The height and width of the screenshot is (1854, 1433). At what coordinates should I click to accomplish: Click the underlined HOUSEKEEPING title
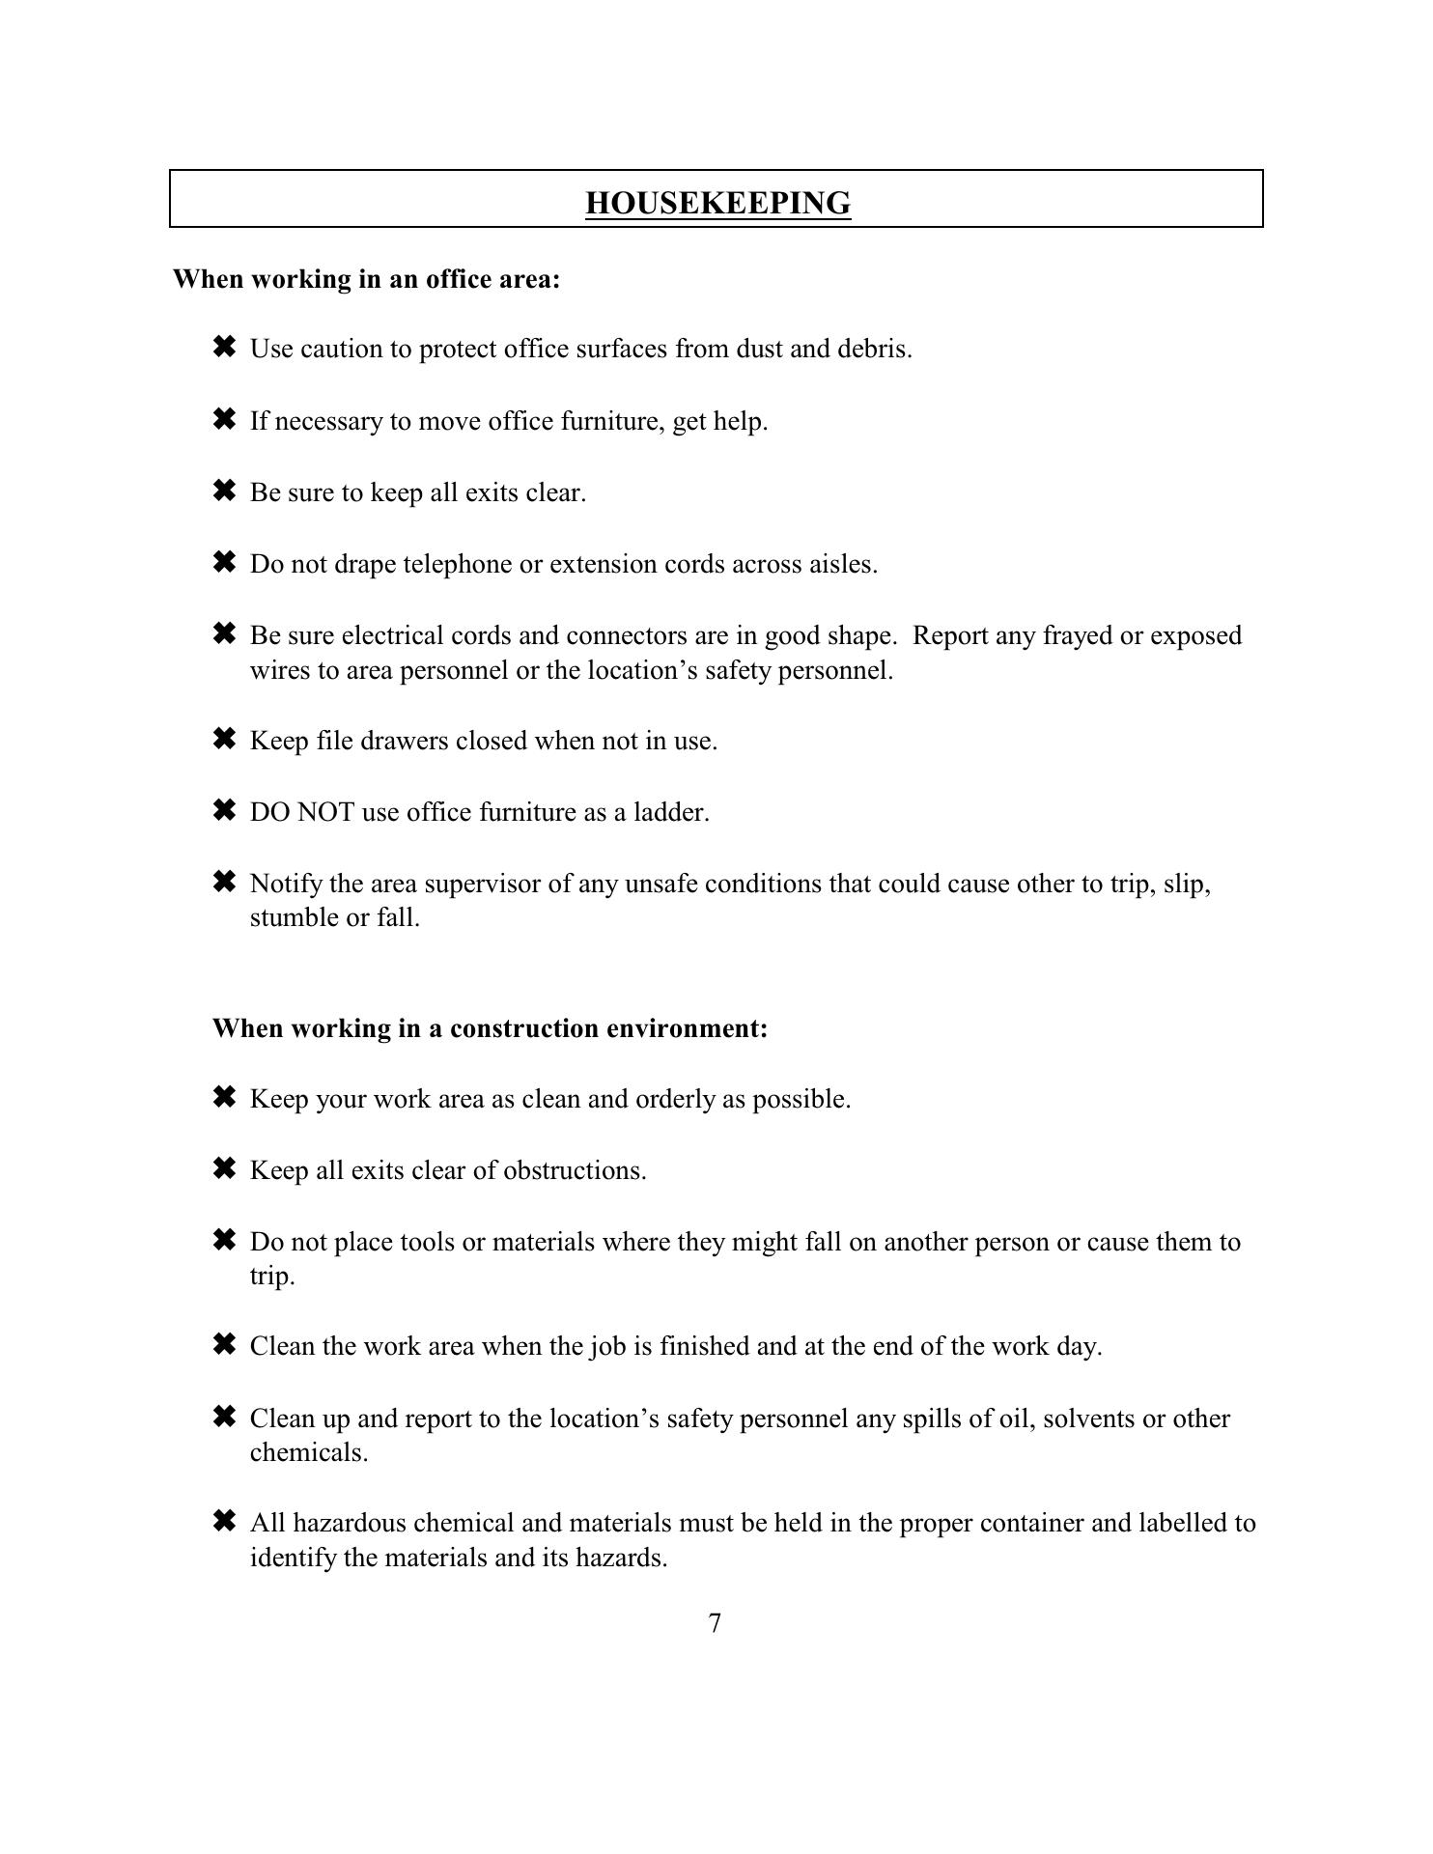click(x=717, y=204)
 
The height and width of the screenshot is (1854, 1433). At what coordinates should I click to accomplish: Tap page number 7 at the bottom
click(x=715, y=1623)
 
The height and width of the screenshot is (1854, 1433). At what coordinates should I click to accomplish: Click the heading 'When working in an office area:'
click(x=366, y=279)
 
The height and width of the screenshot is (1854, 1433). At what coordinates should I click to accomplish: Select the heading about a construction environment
click(x=490, y=1027)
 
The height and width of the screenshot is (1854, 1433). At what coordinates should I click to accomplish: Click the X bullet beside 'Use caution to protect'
click(x=223, y=347)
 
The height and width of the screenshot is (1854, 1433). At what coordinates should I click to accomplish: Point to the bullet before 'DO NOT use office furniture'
click(x=223, y=810)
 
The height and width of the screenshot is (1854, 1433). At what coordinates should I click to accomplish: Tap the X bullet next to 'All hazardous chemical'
click(x=223, y=1522)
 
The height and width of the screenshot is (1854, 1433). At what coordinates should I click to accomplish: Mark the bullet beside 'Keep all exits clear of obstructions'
click(x=223, y=1169)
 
